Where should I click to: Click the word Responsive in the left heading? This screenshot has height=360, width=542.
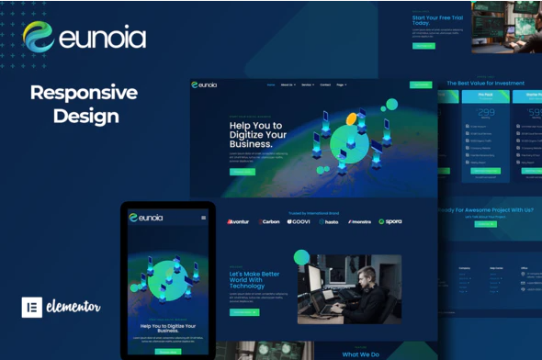pos(84,93)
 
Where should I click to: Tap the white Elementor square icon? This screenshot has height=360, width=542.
pos(32,307)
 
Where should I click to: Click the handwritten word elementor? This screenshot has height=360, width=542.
pos(73,307)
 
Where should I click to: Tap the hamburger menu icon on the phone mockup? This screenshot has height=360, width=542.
pos(204,218)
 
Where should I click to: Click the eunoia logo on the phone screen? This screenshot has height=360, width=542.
pos(147,218)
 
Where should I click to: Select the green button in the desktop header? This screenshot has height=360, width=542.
pos(420,84)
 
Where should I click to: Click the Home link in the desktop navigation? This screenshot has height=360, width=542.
pos(270,84)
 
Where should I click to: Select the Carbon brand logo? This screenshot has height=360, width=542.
pos(269,221)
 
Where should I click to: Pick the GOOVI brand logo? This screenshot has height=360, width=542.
pos(299,221)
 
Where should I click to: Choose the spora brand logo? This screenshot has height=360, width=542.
pos(390,221)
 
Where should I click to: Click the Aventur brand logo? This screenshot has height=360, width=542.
pos(238,221)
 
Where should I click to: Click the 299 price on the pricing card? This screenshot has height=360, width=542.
pos(486,115)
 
